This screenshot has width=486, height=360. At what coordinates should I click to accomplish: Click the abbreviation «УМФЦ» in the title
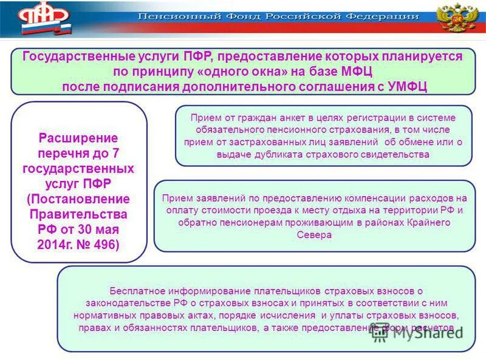tap(407, 86)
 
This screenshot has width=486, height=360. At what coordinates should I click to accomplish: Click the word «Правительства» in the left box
tap(78, 214)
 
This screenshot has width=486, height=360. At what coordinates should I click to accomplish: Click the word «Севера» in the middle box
tap(315, 234)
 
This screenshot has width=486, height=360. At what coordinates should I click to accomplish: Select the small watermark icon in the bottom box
tap(380, 329)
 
